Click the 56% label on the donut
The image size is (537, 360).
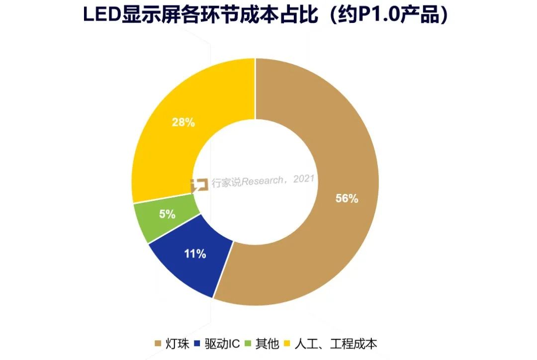point(347,198)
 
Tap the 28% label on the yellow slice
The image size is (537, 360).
point(183,122)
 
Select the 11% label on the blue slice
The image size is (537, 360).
point(195,254)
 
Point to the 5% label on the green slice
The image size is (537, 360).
point(167,214)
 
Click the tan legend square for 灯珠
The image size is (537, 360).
point(159,344)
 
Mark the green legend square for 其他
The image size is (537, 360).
point(249,344)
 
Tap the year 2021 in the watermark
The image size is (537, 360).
point(304,179)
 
